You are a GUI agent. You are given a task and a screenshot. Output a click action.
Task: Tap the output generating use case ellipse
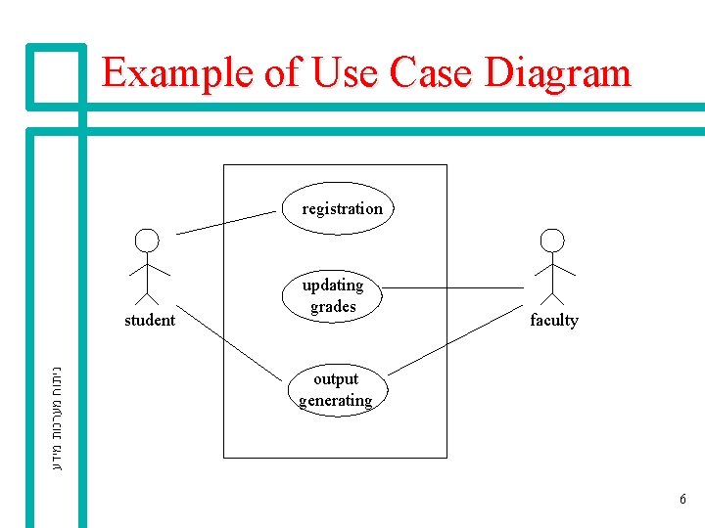point(336,389)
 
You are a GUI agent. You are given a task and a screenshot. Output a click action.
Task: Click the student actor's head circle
point(146,241)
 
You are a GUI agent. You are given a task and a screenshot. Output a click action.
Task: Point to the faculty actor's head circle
point(553,241)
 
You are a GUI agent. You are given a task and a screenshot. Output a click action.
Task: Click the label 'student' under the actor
point(150,320)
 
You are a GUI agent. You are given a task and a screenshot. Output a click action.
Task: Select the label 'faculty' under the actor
point(554,320)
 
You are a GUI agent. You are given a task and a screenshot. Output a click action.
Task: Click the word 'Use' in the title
point(343,73)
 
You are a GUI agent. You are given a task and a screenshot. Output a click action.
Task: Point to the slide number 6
point(682,500)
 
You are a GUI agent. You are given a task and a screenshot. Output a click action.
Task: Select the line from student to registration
point(225,222)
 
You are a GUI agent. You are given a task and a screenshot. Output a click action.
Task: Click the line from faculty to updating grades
point(452,287)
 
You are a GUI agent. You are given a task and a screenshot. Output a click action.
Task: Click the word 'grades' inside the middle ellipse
point(333,307)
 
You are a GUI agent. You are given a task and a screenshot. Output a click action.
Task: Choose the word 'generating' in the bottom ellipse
point(336,400)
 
